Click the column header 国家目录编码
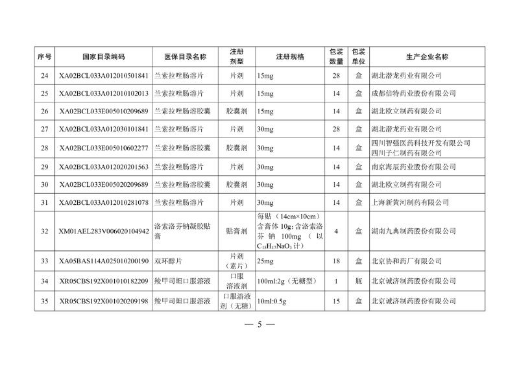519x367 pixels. [104, 56]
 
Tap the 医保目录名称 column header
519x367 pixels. [185, 56]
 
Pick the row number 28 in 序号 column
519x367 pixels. [45, 148]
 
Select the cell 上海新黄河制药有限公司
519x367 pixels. [409, 202]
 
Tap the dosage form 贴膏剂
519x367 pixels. [237, 231]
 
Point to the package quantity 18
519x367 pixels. [336, 261]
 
